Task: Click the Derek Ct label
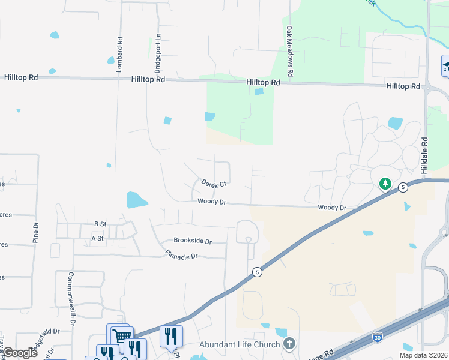214,183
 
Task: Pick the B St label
100,224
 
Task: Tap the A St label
97,238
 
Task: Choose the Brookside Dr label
193,241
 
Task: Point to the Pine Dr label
35,232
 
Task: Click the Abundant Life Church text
240,344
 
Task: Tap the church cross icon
289,344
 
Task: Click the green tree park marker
385,183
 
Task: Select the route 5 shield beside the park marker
402,187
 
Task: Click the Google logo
20,353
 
